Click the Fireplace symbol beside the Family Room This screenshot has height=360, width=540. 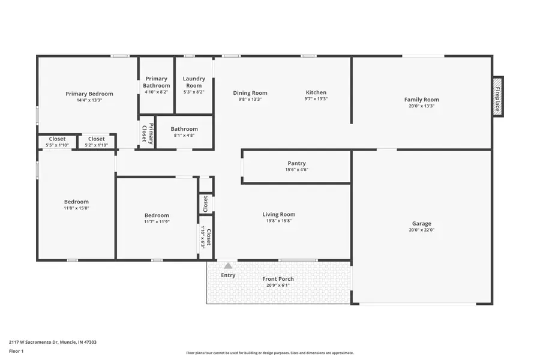[x=498, y=97]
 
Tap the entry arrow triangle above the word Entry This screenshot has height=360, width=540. [x=228, y=265]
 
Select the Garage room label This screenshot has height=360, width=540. [x=421, y=224]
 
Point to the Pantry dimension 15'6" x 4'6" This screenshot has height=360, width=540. [x=296, y=170]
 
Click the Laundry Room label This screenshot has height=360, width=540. [x=194, y=82]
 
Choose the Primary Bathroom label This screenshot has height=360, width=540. [x=156, y=82]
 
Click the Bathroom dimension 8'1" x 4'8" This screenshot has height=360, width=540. [x=184, y=136]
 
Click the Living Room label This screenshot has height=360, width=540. [x=279, y=214]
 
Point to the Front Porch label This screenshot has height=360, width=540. [x=278, y=279]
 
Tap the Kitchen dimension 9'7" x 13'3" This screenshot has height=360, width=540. [x=316, y=99]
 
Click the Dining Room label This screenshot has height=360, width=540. [x=250, y=93]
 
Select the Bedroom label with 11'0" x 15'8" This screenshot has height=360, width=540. [x=76, y=202]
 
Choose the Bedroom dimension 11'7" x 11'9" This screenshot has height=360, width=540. [x=157, y=222]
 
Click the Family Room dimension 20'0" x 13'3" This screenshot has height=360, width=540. [x=421, y=106]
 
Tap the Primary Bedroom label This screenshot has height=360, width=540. [x=89, y=94]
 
